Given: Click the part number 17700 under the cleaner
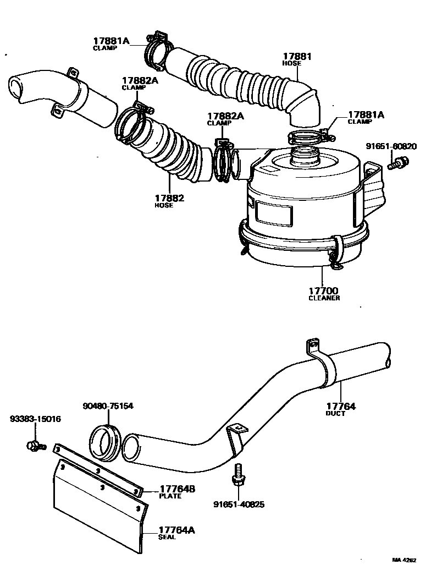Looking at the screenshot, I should coord(323,290).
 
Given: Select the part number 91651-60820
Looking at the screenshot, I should coord(392,146).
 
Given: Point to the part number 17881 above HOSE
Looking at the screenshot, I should coord(297,56).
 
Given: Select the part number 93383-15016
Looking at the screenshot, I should coord(35,419).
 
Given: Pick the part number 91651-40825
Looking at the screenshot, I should coord(239,504).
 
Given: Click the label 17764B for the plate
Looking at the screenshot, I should coord(178,489).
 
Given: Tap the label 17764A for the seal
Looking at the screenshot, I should coord(177,530).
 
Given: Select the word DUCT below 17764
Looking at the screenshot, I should coord(335,414).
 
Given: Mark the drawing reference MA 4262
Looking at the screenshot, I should coord(405,560).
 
